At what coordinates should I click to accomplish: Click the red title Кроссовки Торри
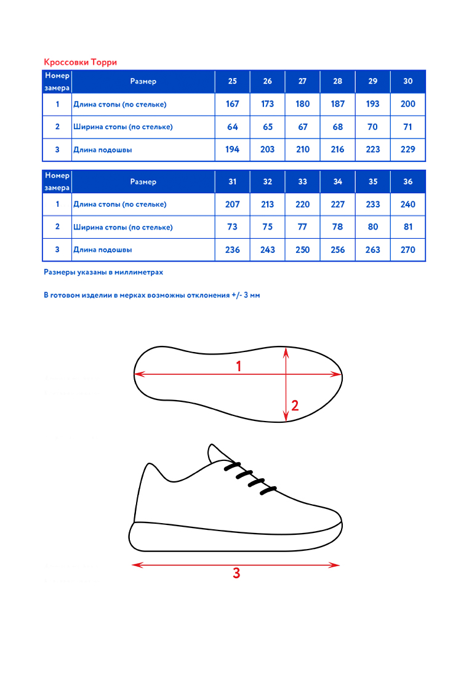click(80, 62)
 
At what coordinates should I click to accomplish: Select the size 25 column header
click(232, 81)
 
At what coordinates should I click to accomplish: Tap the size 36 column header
click(407, 182)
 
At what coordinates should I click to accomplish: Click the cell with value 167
click(232, 104)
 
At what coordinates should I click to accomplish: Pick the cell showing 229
click(407, 150)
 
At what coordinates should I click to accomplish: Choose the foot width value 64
click(232, 127)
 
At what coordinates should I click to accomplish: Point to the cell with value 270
click(407, 250)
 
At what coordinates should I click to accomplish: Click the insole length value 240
click(407, 204)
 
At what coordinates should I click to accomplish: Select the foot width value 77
click(302, 227)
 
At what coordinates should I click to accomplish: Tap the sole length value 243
click(267, 250)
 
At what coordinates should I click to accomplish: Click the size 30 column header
click(407, 81)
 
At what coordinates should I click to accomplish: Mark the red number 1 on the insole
click(239, 366)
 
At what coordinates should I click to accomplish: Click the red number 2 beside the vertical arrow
click(295, 406)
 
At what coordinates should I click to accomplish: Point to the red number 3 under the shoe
click(236, 574)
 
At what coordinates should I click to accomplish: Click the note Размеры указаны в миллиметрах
click(103, 271)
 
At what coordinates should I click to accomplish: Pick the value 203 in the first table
click(267, 150)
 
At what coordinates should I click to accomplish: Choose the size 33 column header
click(302, 182)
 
